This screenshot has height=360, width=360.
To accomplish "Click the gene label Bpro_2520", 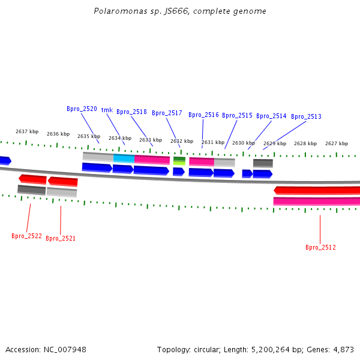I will (x=82, y=109).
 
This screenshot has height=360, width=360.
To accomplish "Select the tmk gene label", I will (x=107, y=110).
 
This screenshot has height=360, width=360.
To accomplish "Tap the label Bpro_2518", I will (x=131, y=112).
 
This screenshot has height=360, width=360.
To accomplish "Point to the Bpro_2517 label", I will (x=167, y=113).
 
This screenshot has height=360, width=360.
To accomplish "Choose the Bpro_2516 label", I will (x=203, y=115).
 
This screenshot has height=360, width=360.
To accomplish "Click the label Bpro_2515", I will (x=237, y=115).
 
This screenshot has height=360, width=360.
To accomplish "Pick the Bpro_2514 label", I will (x=271, y=116).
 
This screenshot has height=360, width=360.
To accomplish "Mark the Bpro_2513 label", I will (x=306, y=116).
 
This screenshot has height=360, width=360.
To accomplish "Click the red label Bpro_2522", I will (x=26, y=236).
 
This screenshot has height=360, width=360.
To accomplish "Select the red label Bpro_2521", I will (x=61, y=238).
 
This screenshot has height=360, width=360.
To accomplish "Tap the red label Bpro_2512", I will (x=320, y=247).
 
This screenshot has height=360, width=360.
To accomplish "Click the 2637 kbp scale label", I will (x=27, y=131).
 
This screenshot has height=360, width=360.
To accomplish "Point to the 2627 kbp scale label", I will (x=337, y=143).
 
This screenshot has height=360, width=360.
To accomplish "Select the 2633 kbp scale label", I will (x=151, y=140).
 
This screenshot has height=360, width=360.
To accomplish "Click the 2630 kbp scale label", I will (x=244, y=143).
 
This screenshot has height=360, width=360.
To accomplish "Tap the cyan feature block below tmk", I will (x=124, y=158).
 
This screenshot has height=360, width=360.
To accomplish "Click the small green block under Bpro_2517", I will (x=179, y=161).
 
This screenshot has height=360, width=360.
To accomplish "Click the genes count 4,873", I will (x=344, y=349).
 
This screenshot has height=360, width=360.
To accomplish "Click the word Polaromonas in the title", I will (x=116, y=11).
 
